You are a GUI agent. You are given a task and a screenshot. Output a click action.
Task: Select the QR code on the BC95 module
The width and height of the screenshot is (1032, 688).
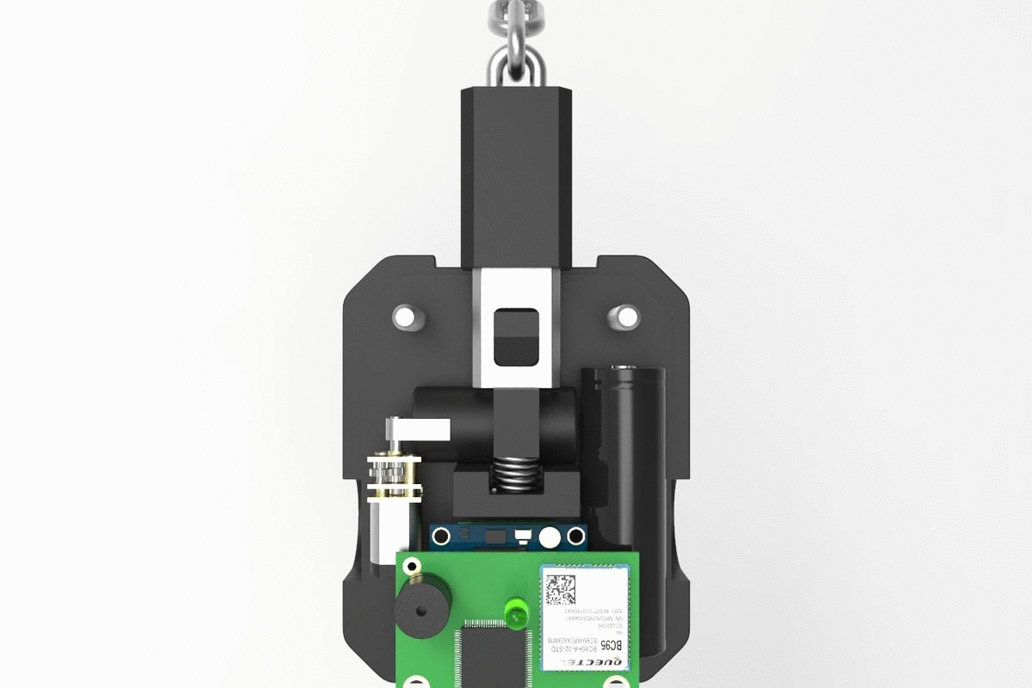coord(561,587)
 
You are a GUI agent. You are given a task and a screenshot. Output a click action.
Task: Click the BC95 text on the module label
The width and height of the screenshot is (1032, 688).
coord(609,645)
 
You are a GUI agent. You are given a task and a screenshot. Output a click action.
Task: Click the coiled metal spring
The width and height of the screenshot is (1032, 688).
coord(515,475)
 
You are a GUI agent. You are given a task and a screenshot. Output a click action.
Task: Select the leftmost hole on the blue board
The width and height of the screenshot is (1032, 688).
coord(442,536)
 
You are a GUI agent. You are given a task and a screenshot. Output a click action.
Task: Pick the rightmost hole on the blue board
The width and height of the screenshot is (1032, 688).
coord(575,537)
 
